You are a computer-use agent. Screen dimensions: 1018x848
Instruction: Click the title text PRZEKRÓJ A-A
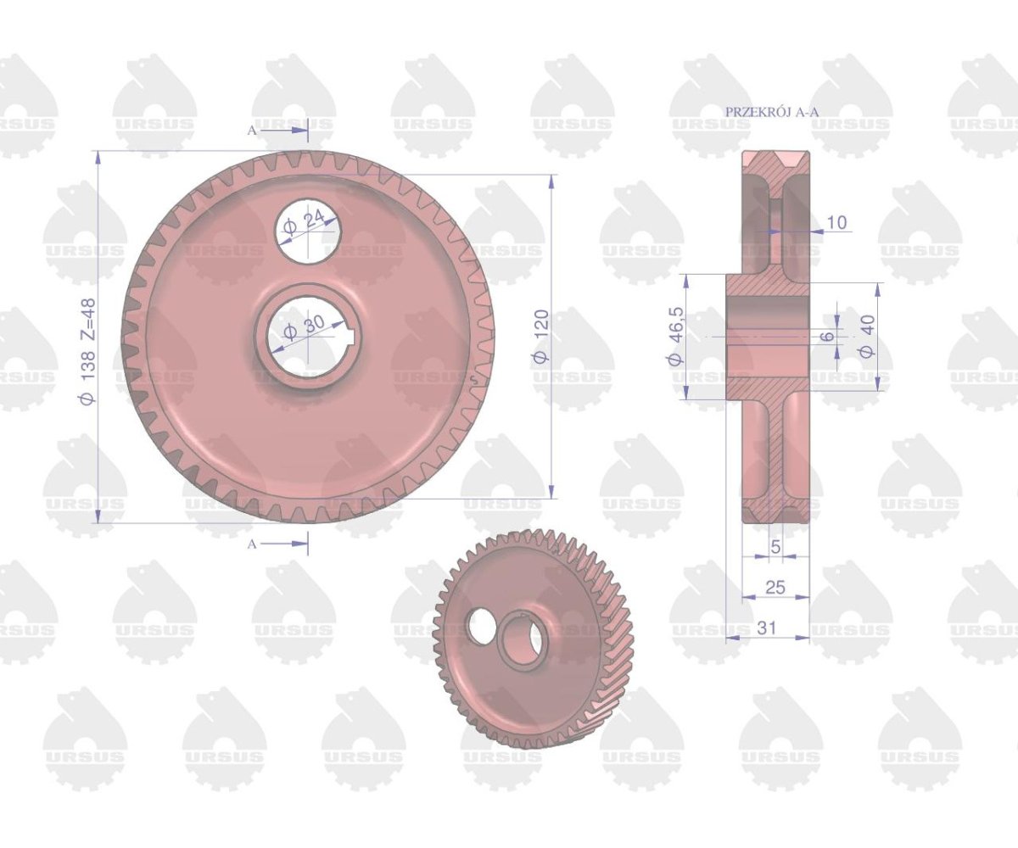(772, 112)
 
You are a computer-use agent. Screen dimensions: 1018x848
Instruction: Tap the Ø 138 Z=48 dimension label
(88, 351)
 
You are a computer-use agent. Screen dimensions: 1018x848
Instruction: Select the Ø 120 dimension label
(541, 337)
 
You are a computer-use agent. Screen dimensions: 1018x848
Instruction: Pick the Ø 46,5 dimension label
(675, 337)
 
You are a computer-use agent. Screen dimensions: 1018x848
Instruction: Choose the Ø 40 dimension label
(867, 337)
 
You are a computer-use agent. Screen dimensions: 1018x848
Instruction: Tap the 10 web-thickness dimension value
(837, 223)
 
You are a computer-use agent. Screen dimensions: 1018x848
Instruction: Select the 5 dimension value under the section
(776, 546)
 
